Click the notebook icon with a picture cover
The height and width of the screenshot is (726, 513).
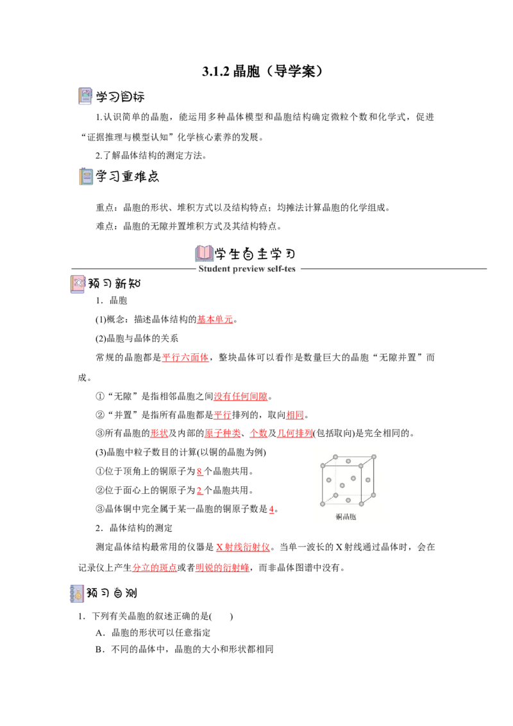click(x=85, y=95)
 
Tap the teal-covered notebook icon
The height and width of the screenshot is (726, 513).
click(x=87, y=177)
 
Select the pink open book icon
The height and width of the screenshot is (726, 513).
click(x=205, y=252)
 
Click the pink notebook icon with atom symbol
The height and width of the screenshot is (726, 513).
click(x=77, y=284)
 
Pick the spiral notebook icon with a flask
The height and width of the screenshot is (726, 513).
click(x=77, y=593)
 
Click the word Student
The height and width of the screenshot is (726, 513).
click(x=215, y=269)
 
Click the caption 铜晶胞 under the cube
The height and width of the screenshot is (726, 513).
click(x=346, y=517)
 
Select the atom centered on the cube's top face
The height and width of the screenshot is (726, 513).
click(x=348, y=460)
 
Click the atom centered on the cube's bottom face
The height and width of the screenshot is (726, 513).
click(x=348, y=500)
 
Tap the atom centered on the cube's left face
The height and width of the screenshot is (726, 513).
click(x=328, y=479)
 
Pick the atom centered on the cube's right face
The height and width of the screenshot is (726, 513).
click(x=368, y=480)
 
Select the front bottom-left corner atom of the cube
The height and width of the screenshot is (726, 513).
click(x=323, y=503)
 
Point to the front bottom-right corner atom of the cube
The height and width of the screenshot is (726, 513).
click(x=362, y=503)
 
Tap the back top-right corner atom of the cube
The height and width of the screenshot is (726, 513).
click(x=374, y=456)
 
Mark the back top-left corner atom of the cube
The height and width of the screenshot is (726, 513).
click(x=335, y=457)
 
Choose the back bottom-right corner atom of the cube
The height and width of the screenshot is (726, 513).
click(x=374, y=495)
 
